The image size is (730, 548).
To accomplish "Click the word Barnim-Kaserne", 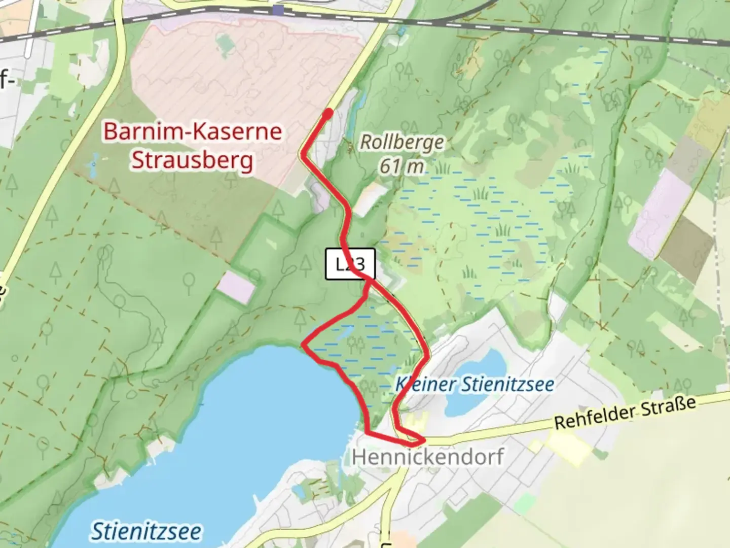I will pos(193,131).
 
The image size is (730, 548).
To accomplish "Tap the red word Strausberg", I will pos(192,160).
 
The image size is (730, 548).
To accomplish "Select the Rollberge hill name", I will pos(402,143).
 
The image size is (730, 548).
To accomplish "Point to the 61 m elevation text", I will pos(401,166).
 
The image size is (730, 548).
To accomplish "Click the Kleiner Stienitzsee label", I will pos(474,384).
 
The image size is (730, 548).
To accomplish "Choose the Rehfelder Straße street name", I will pos(625,414).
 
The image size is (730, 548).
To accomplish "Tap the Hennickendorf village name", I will pos(427,457).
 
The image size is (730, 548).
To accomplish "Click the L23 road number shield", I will pos(350,264).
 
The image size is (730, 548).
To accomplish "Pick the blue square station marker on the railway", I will pos(278,10).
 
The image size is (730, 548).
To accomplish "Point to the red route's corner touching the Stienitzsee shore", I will pos(305,345).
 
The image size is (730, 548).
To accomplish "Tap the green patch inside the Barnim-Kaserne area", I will pos(224,45).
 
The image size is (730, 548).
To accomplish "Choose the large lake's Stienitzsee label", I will pos(146,531).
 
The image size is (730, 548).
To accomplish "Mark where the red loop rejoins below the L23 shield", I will pos(369,281).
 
